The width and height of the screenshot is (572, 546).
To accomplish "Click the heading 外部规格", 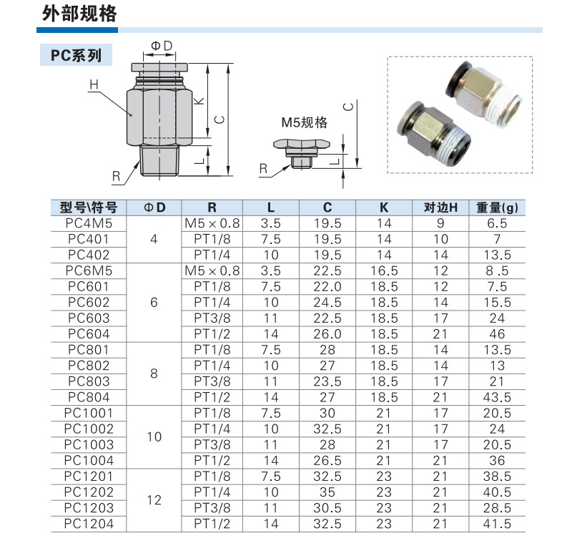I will click(x=79, y=14).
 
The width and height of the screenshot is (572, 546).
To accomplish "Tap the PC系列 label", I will click(x=76, y=55).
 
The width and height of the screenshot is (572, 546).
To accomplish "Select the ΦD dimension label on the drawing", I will click(x=162, y=46).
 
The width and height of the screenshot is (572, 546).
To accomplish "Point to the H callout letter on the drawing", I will click(x=94, y=85).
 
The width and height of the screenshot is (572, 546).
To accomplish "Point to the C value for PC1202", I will click(x=327, y=492).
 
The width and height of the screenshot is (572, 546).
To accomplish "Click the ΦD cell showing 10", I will click(x=154, y=436).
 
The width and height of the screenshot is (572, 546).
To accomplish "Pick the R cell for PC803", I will click(x=212, y=381).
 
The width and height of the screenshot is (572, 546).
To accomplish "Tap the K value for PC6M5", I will click(x=384, y=271).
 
